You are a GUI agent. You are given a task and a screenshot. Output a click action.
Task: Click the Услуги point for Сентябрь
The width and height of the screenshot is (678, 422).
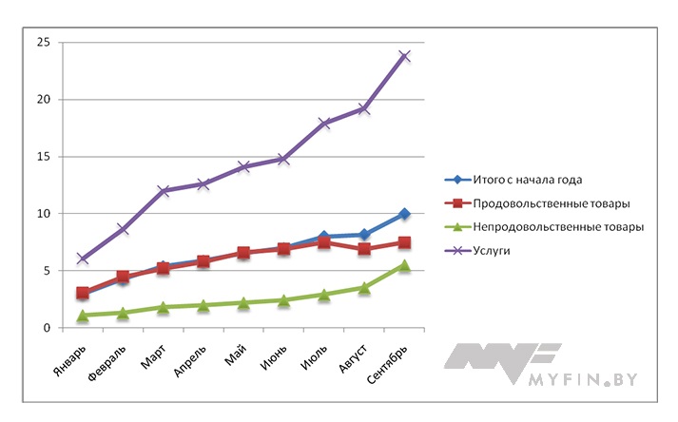pos(404,56)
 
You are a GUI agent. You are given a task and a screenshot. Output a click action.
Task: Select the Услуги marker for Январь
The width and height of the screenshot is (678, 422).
pos(83,259)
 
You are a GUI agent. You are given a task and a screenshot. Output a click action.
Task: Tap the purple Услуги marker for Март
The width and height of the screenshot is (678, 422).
pos(163,191)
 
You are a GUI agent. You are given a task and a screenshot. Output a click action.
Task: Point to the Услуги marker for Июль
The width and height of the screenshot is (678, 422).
pos(324,124)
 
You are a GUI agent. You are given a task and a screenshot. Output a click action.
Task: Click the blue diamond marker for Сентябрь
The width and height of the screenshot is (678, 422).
pos(404,214)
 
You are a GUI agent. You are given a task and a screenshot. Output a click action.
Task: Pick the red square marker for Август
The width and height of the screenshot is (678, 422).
pos(364,249)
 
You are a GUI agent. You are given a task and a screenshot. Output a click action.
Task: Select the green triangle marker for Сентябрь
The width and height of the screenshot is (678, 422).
pos(404,265)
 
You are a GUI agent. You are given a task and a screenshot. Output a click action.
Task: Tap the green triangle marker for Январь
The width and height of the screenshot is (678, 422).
pos(83,315)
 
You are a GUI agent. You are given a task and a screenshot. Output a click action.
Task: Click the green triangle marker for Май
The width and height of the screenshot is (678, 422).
pos(243,303)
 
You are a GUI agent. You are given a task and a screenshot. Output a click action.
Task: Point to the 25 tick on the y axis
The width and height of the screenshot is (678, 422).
pos(43,43)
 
